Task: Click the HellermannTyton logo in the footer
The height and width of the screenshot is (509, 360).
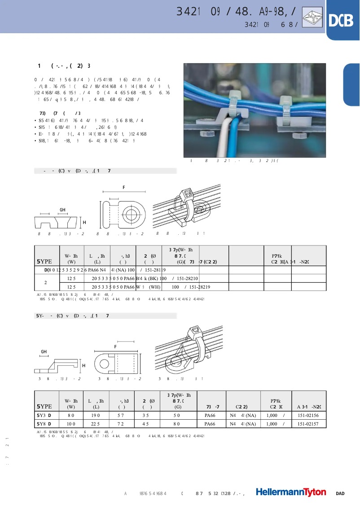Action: tap(291, 492)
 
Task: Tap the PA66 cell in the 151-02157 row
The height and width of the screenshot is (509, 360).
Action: tap(210, 424)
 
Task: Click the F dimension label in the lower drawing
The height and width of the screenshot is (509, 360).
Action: tap(115, 347)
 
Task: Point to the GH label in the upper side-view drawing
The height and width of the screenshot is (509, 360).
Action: tap(62, 210)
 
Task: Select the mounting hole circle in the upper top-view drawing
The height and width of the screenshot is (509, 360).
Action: tap(133, 212)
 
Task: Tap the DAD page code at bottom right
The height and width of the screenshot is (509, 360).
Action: tap(340, 494)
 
